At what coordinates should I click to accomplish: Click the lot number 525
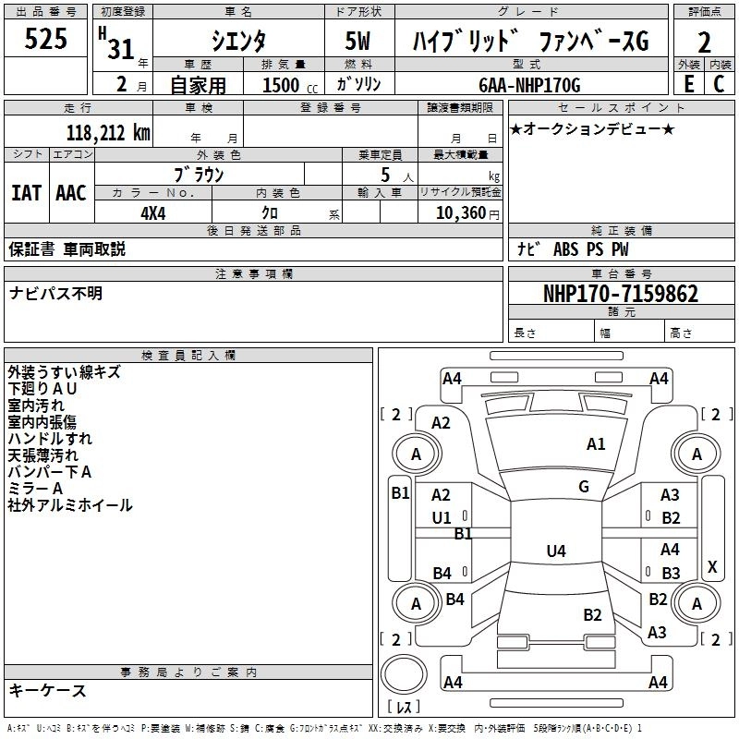(46, 39)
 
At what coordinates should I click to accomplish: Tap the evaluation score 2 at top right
(704, 42)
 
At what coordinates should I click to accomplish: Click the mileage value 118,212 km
(108, 132)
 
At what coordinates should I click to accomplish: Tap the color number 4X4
(153, 212)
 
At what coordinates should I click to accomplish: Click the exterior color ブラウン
(200, 174)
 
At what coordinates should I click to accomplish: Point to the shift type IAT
(27, 193)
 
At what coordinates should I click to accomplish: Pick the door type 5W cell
(359, 40)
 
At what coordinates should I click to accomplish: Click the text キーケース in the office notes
(48, 691)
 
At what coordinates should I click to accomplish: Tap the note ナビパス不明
(56, 294)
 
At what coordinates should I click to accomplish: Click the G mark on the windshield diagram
(584, 487)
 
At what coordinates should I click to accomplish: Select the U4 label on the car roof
(555, 551)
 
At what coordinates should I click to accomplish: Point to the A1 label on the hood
(596, 444)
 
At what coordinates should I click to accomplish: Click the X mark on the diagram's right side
(711, 566)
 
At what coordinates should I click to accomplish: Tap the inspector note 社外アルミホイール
(70, 505)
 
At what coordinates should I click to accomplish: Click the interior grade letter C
(718, 84)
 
